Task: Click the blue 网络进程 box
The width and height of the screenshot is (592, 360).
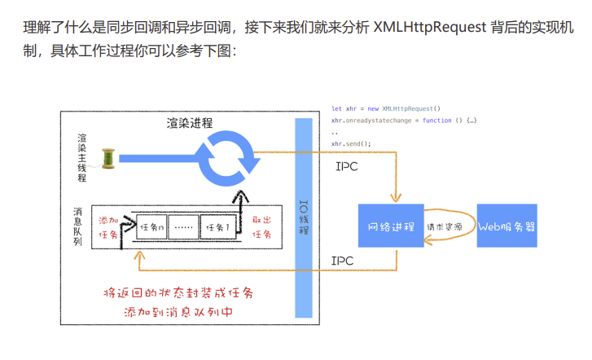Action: (391, 226)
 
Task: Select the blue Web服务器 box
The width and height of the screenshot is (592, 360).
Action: (506, 226)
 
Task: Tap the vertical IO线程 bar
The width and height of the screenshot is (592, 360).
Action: (304, 218)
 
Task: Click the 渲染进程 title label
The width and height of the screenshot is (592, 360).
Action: (189, 123)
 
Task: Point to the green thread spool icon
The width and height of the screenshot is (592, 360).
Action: (109, 157)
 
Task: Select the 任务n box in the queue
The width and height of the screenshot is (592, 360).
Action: (152, 227)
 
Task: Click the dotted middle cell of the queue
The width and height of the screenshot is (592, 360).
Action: (184, 227)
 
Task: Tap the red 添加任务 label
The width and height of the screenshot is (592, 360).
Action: (107, 227)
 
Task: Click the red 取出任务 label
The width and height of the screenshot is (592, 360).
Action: (261, 227)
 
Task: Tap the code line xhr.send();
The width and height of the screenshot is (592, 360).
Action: (351, 143)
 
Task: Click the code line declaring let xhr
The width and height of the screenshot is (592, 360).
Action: (385, 108)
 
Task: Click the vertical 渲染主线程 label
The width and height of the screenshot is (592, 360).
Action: (81, 157)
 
